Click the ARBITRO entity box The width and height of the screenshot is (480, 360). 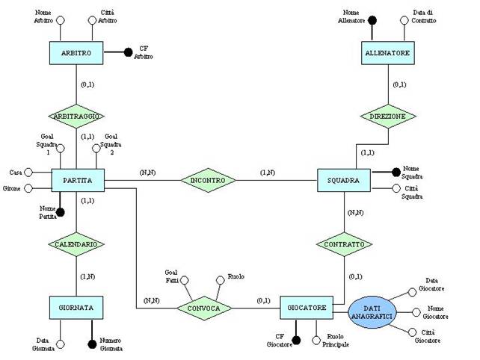pos(76,53)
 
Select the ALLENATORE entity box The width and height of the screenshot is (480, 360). pos(388,53)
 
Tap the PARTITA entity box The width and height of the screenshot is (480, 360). pos(77,180)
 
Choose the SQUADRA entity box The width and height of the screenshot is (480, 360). pos(343,180)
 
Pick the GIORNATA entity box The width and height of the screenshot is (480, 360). pos(76,307)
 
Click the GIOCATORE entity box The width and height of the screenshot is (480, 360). pos(307,307)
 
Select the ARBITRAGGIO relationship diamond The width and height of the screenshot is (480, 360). pos(76,117)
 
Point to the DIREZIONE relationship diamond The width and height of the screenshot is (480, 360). pos(388,117)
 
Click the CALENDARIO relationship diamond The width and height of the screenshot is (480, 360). pos(76,243)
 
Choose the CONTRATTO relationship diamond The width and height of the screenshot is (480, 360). pos(343,243)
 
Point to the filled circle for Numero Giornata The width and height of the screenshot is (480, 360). pos(92,343)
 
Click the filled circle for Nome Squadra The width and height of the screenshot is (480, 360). pos(396,172)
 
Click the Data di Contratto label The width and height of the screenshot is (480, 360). pos(423,16)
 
